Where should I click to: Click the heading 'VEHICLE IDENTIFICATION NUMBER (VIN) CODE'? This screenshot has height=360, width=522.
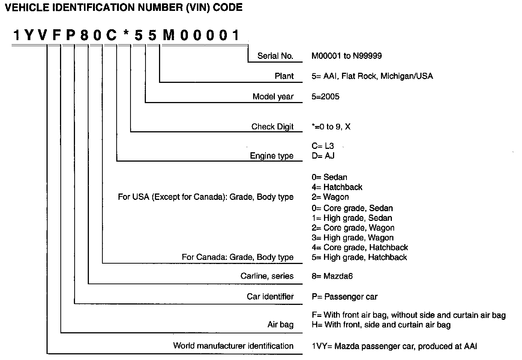(123, 7)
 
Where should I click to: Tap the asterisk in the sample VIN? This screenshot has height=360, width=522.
(126, 35)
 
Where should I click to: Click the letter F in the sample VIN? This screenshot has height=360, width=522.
(56, 36)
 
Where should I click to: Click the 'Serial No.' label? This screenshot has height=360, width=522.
(275, 56)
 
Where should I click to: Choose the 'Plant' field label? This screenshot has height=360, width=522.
(284, 76)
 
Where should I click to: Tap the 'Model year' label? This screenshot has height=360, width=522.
(273, 97)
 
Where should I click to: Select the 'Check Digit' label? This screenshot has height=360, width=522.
(272, 127)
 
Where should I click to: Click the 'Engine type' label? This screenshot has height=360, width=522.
(271, 156)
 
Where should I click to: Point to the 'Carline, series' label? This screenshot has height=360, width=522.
(267, 276)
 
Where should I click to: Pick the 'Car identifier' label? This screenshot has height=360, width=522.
(270, 297)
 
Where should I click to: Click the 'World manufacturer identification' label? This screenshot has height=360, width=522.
(233, 346)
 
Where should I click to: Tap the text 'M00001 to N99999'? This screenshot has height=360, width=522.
(346, 56)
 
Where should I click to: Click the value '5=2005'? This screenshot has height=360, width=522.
(325, 97)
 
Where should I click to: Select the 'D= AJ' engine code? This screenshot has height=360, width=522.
(323, 156)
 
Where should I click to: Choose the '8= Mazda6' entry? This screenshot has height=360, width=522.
(332, 276)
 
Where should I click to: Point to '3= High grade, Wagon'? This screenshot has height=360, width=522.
(352, 238)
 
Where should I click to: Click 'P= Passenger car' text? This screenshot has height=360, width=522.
(344, 297)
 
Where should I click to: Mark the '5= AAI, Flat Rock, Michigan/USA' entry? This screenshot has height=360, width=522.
(372, 76)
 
